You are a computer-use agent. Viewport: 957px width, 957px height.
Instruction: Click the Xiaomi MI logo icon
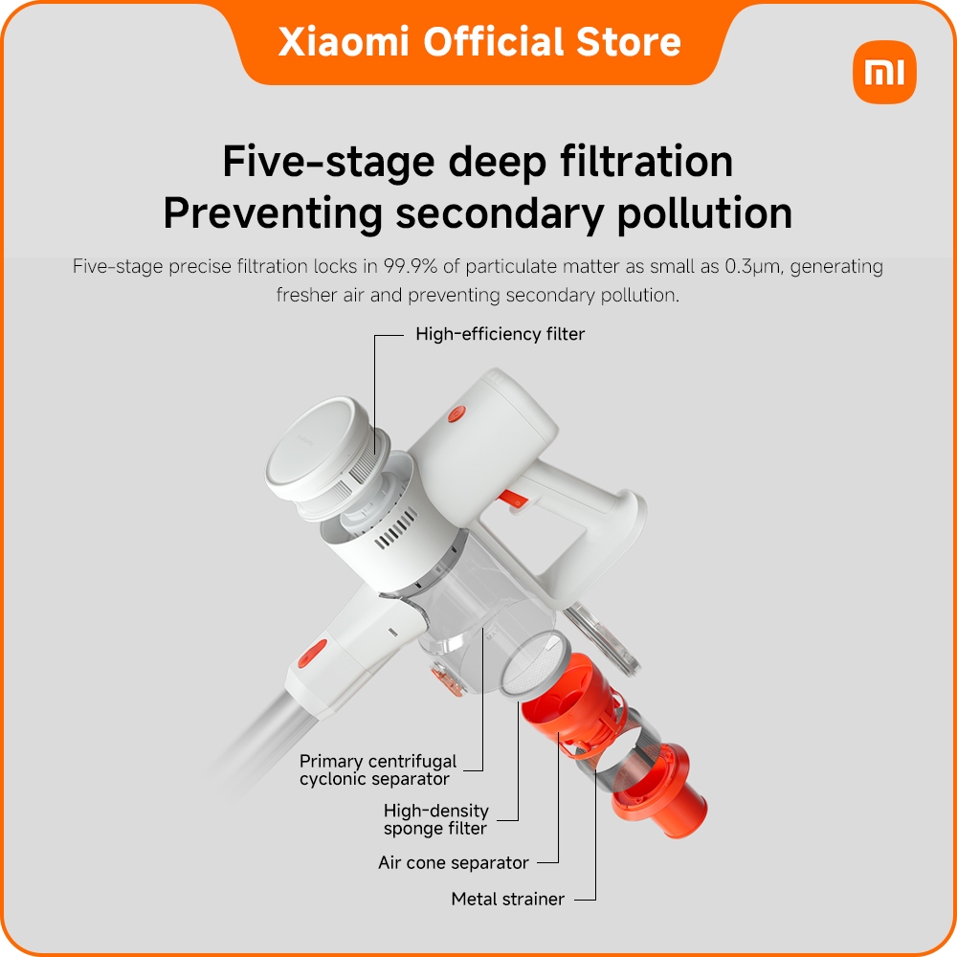click(884, 72)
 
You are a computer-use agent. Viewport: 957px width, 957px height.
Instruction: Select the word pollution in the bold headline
click(704, 214)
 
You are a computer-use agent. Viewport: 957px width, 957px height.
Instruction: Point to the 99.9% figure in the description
click(411, 266)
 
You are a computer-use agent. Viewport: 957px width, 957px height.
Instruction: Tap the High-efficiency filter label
click(500, 334)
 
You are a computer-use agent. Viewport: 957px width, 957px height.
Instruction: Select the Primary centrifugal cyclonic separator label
click(378, 769)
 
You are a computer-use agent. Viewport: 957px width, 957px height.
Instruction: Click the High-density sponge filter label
click(435, 819)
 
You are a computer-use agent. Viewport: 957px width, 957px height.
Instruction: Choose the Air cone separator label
click(454, 862)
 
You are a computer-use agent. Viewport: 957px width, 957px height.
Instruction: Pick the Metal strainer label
click(508, 899)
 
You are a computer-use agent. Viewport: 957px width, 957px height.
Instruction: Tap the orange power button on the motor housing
click(456, 414)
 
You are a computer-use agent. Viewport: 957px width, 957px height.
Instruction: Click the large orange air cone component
click(570, 702)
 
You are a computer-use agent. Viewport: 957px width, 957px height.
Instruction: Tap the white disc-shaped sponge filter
click(532, 665)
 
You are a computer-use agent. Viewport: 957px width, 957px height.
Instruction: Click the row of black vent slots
click(396, 528)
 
